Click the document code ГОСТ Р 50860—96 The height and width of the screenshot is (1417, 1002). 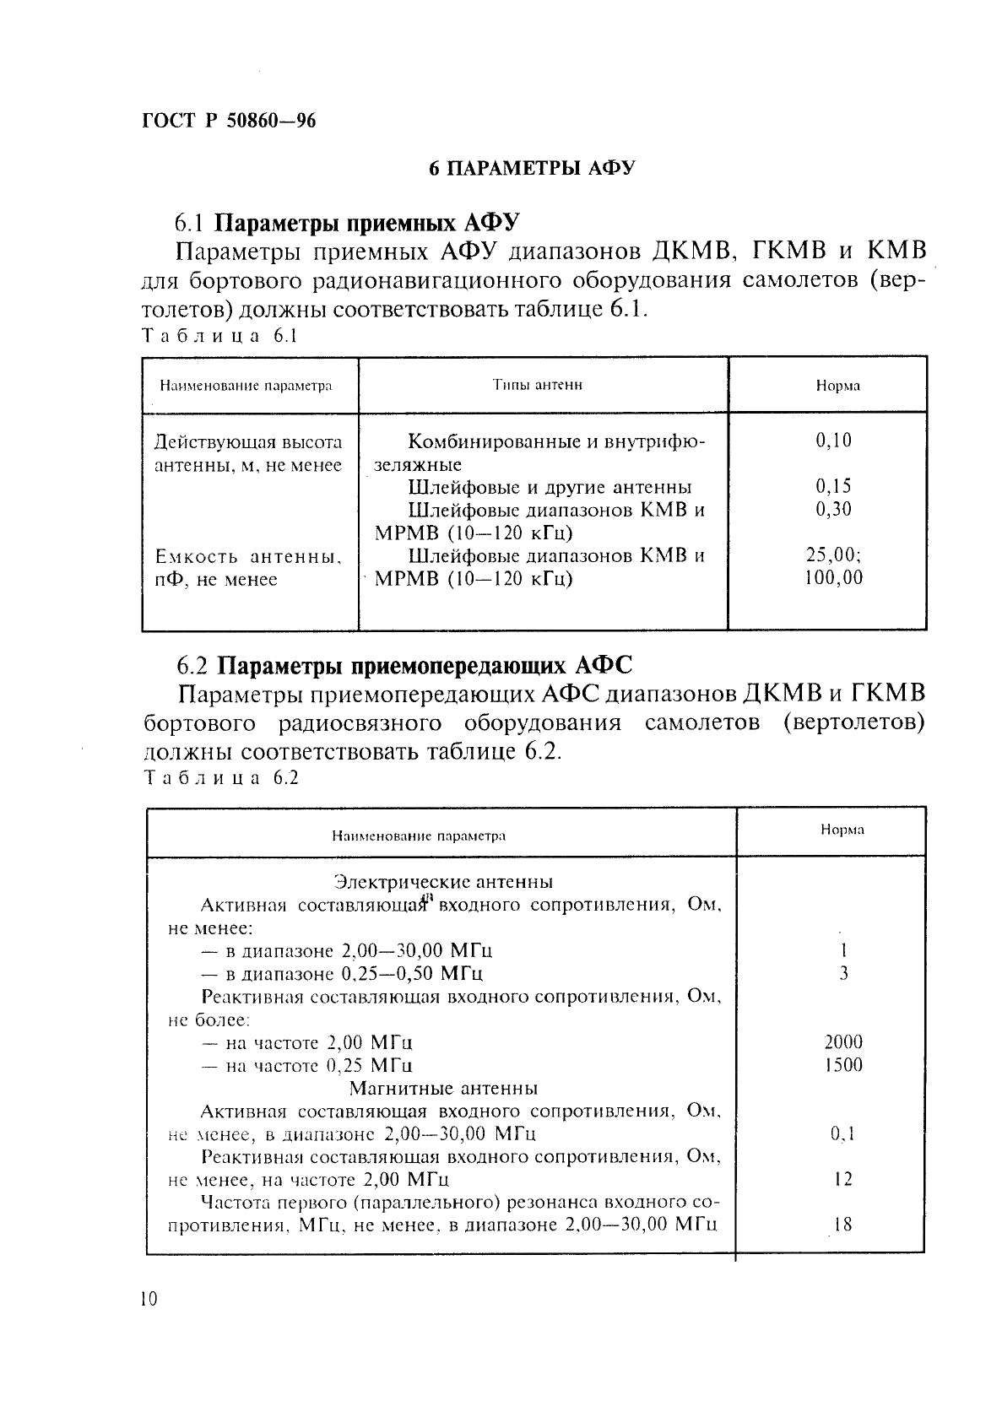pyautogui.click(x=229, y=121)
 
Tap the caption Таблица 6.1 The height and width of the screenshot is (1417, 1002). pyautogui.click(x=220, y=335)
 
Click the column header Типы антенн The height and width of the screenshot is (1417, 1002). pyautogui.click(x=538, y=385)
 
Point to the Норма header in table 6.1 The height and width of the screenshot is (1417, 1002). pyautogui.click(x=837, y=386)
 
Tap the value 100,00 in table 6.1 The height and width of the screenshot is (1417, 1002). pyautogui.click(x=833, y=578)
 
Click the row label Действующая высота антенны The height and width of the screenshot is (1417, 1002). pyautogui.click(x=248, y=453)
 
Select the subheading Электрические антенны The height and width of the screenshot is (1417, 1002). pyautogui.click(x=443, y=882)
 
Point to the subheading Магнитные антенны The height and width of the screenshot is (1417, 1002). pyautogui.click(x=443, y=1088)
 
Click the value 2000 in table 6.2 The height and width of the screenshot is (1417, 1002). pyautogui.click(x=842, y=1042)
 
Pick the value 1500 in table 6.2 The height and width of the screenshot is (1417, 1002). pyautogui.click(x=842, y=1065)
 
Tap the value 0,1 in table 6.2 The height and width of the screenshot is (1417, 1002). pyautogui.click(x=842, y=1134)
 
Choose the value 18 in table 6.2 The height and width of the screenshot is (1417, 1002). pyautogui.click(x=842, y=1224)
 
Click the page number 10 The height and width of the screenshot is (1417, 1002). pyautogui.click(x=149, y=1299)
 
